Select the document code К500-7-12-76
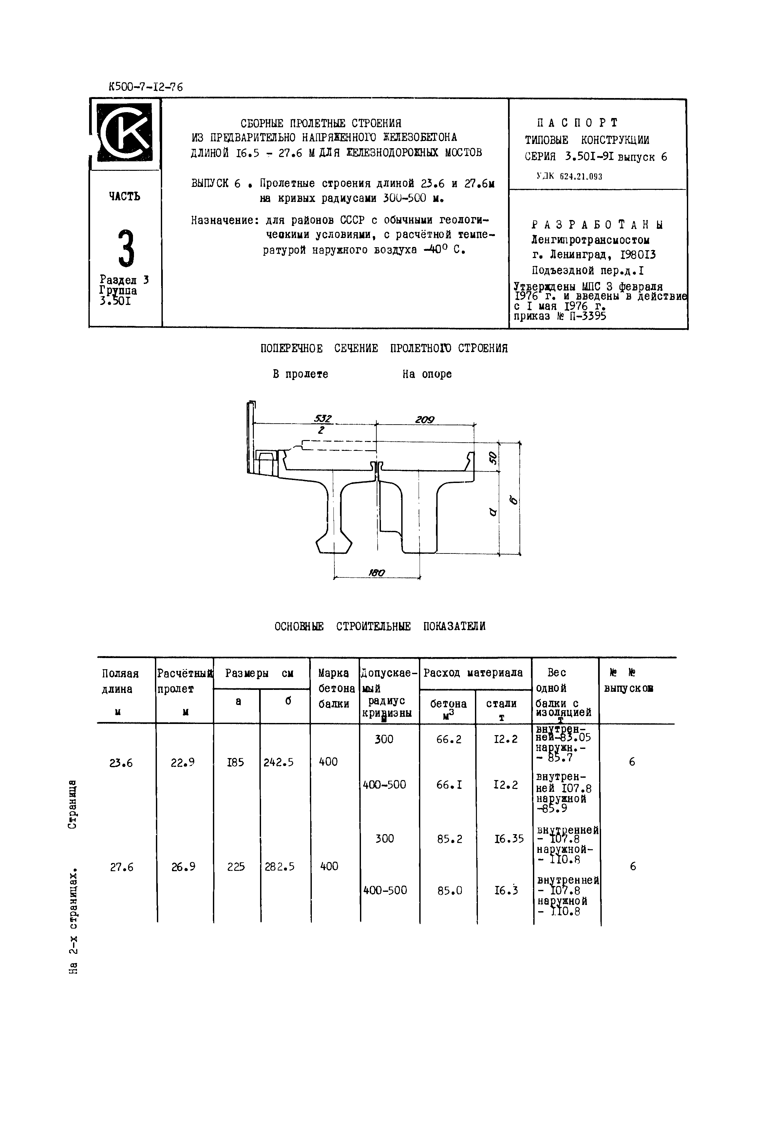pyautogui.click(x=145, y=87)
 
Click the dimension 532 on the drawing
pyautogui.click(x=323, y=418)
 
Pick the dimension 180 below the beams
pyautogui.click(x=376, y=573)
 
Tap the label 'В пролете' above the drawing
pyautogui.click(x=300, y=374)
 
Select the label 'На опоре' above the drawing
pyautogui.click(x=427, y=374)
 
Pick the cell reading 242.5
pyautogui.click(x=278, y=762)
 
